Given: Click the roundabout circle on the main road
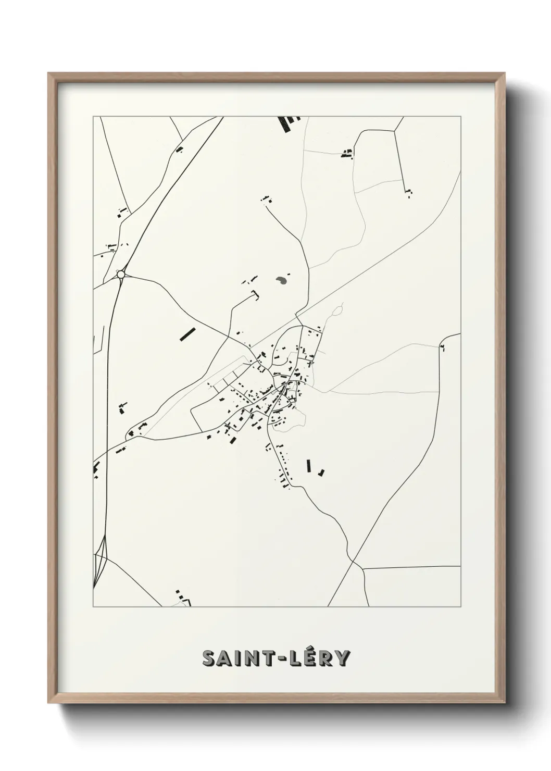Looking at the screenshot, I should (121, 273).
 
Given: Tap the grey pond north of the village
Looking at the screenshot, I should (281, 281).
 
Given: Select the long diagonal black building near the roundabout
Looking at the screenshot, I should (186, 333).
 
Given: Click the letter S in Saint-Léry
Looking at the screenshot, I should (209, 658).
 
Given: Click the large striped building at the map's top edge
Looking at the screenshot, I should (285, 123).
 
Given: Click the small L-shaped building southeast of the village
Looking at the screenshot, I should (322, 472).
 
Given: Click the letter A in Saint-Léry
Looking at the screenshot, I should (224, 658).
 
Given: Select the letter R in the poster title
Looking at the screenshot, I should (325, 658).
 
